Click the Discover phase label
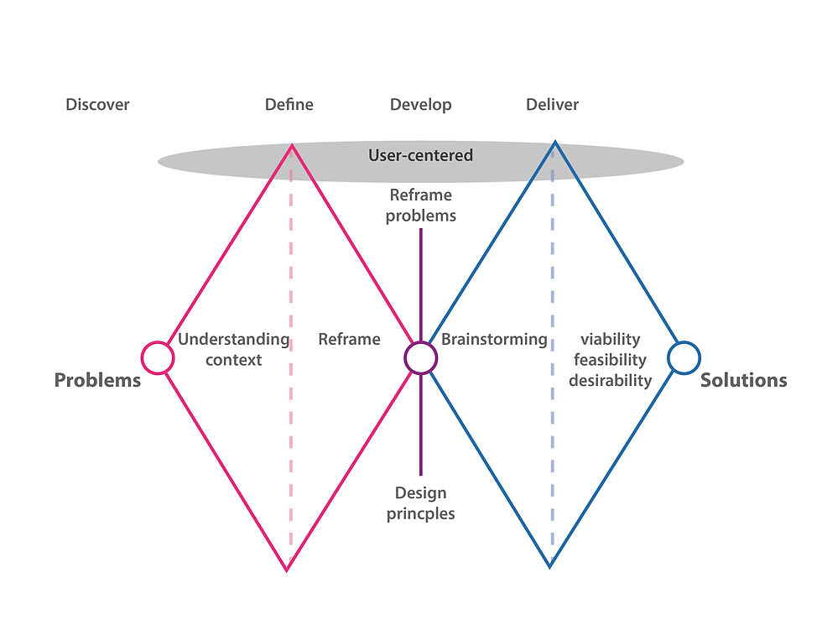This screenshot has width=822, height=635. [98, 105]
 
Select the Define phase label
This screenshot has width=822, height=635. [289, 105]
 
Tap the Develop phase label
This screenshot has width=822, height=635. [420, 105]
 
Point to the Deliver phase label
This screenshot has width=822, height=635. [552, 105]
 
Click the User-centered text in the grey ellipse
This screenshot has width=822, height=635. [420, 155]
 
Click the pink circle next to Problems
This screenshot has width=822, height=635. [157, 357]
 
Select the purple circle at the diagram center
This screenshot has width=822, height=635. [420, 357]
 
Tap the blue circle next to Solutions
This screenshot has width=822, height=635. [684, 357]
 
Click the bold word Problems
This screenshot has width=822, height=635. [97, 380]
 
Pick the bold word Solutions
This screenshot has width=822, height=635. [743, 380]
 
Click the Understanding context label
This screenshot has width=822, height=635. [233, 350]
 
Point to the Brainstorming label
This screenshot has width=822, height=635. [494, 340]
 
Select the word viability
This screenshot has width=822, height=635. [610, 340]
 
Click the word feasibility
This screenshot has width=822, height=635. [610, 360]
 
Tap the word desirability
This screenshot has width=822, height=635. [610, 380]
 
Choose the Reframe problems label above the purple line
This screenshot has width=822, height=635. [422, 206]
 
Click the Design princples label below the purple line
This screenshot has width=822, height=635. [421, 502]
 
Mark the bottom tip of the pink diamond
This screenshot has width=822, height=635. [287, 570]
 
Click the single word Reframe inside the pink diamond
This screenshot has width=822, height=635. [349, 340]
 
